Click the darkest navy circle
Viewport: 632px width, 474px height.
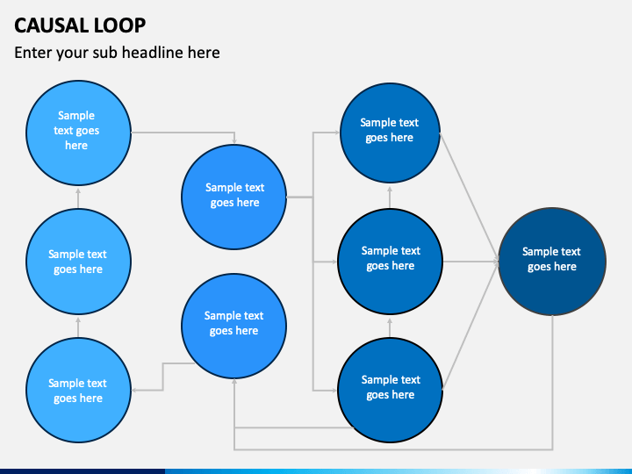[x=552, y=262]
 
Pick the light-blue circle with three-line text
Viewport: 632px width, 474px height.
[x=79, y=133]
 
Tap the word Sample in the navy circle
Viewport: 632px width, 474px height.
[x=537, y=252]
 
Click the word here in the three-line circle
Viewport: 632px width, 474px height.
[x=76, y=145]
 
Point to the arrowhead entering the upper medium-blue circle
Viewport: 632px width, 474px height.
[x=234, y=140]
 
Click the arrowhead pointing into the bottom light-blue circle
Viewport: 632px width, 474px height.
[x=134, y=390]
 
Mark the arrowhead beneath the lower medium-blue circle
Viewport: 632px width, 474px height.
[x=234, y=381]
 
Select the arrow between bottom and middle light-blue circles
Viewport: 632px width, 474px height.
[x=78, y=327]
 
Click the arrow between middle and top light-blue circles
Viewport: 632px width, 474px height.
[x=78, y=198]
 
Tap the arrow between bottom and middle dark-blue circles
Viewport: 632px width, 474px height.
[x=390, y=327]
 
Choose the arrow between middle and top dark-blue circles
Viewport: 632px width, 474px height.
[x=390, y=197]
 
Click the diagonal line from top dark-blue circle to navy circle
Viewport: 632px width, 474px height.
[x=469, y=197]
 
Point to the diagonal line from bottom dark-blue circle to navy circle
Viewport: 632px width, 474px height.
[x=470, y=326]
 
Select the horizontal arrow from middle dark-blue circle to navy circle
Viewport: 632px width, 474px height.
[x=470, y=262]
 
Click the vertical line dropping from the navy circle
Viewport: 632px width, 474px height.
[x=552, y=382]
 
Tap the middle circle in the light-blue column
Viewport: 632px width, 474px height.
[x=79, y=262]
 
